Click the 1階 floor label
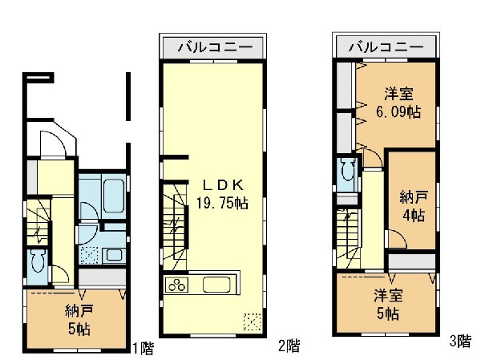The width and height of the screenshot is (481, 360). tap(143, 348)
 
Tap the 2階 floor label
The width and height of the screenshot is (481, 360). tap(289, 346)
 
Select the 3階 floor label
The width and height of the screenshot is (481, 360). tap(460, 341)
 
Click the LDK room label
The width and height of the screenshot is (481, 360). tap(223, 185)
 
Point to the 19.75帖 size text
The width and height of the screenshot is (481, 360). tap(222, 203)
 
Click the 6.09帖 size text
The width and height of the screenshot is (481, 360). tap(398, 111)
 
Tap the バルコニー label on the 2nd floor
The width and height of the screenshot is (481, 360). tap(216, 47)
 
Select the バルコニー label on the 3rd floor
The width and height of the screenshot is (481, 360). tap(386, 47)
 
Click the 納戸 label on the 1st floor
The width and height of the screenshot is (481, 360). tap(79, 311)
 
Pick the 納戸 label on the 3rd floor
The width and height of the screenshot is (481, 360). tap(414, 197)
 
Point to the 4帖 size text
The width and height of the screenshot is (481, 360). tap(414, 215)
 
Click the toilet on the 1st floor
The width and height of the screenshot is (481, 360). tap(38, 261)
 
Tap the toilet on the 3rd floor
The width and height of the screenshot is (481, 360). tap(349, 170)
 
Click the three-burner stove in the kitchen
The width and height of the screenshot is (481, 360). tap(176, 284)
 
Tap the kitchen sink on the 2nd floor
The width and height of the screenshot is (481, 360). tap(217, 285)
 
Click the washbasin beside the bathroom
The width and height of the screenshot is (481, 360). tap(114, 255)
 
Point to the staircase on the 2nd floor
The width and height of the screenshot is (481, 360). tap(175, 226)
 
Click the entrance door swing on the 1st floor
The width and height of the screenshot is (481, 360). tap(53, 144)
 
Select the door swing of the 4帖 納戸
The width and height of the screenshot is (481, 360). tap(398, 239)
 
